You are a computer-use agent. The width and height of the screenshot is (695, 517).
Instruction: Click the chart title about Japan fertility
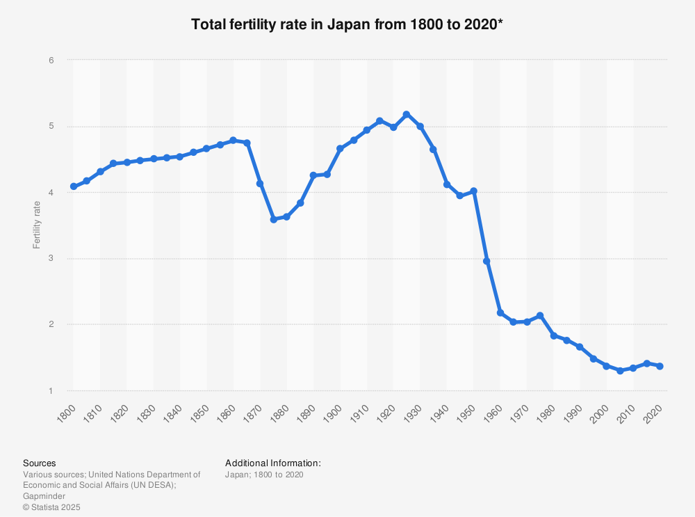(x=347, y=24)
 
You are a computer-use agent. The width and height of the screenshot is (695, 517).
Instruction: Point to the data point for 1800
(x=74, y=186)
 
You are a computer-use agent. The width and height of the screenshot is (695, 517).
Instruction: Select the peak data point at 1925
(x=407, y=114)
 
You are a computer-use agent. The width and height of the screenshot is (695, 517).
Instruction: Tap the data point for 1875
(x=274, y=219)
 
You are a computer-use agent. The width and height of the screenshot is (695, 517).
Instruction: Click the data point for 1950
(x=473, y=191)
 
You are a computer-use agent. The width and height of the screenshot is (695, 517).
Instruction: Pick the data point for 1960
(x=500, y=313)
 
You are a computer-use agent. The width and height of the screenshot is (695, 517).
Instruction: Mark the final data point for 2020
(x=660, y=366)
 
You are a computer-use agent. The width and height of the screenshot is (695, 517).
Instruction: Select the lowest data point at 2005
(x=620, y=371)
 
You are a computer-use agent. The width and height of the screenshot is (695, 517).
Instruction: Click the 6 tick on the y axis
(x=51, y=61)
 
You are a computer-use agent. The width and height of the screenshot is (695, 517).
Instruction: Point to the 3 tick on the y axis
(x=51, y=259)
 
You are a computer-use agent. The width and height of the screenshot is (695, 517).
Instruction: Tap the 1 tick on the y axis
(x=51, y=391)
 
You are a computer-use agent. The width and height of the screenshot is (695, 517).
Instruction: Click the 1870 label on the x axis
(x=254, y=411)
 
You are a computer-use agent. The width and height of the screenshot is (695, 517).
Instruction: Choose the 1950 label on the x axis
(x=468, y=411)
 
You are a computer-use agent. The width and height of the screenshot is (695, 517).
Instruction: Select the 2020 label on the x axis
(x=654, y=411)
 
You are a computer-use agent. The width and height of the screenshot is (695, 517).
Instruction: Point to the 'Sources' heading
(x=40, y=463)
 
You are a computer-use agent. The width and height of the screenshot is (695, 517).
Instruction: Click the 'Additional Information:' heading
(x=273, y=463)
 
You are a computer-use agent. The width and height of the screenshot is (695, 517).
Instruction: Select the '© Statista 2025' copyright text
(x=52, y=508)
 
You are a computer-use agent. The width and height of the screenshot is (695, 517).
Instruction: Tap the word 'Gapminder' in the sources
(x=44, y=497)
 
